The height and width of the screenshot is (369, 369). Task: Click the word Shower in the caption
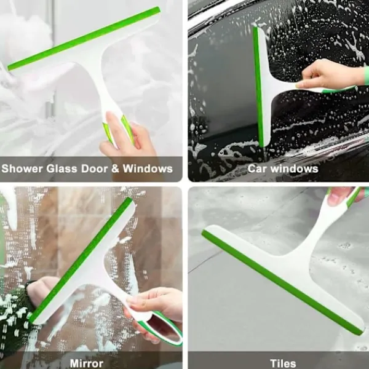pyautogui.click(x=22, y=169)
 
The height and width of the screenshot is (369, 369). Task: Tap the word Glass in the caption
pyautogui.click(x=61, y=169)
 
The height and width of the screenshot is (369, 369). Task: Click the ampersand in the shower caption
pyautogui.click(x=116, y=169)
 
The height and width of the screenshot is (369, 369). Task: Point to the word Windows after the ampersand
pyautogui.click(x=148, y=169)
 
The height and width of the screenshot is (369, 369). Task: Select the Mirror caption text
pyautogui.click(x=86, y=363)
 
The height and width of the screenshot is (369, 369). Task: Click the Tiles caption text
pyautogui.click(x=283, y=363)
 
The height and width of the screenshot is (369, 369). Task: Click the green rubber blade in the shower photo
pyautogui.click(x=84, y=38)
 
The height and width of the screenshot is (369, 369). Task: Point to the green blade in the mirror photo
pyautogui.click(x=81, y=260)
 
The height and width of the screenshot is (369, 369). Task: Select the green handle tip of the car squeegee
pyautogui.click(x=339, y=89)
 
